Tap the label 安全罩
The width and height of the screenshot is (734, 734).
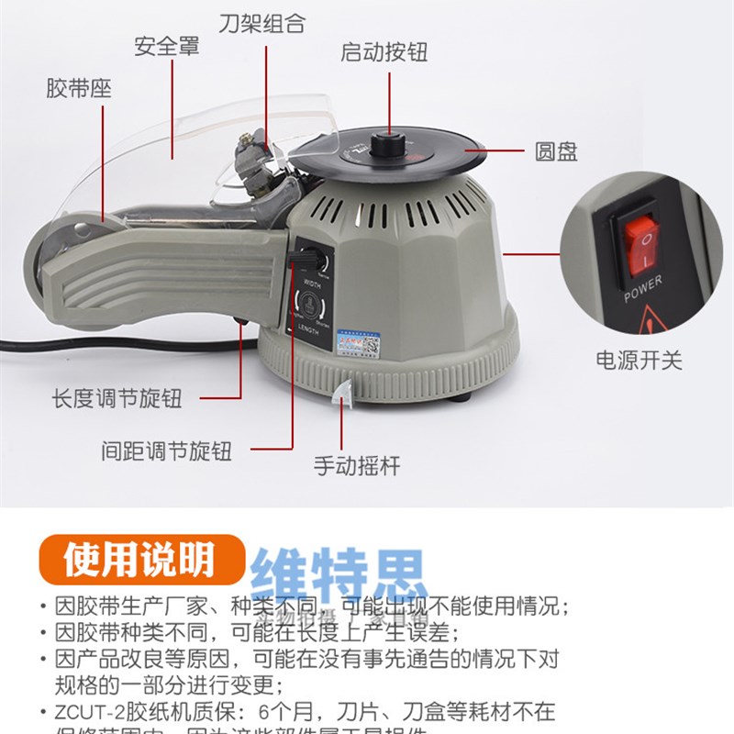point(166,46)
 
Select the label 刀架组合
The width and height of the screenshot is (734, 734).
point(261,22)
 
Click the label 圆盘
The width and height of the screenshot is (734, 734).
point(556,150)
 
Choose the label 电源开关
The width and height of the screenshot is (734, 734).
point(639,360)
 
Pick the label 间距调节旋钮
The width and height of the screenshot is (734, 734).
point(166,450)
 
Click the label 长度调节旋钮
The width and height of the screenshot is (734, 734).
point(117,399)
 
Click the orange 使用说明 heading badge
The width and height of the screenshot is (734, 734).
point(139,560)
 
